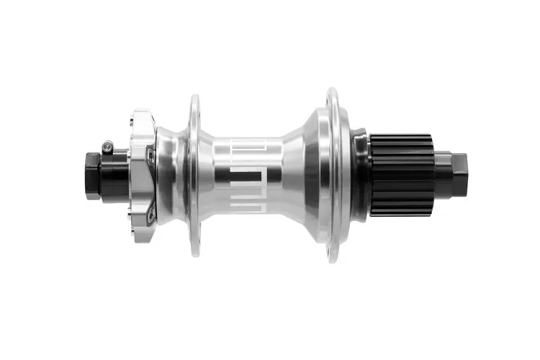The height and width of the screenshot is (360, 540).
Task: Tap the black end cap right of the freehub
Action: [x=452, y=174]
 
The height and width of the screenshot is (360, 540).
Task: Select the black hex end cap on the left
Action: [x=92, y=175]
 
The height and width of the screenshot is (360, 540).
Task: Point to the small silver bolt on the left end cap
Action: [x=108, y=146]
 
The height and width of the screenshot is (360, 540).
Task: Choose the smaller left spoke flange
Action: [x=194, y=175]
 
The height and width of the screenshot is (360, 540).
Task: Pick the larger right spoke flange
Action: [x=332, y=175]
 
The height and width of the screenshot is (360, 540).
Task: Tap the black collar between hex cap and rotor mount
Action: [x=115, y=175]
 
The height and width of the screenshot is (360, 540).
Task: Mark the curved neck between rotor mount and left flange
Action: [x=171, y=175]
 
